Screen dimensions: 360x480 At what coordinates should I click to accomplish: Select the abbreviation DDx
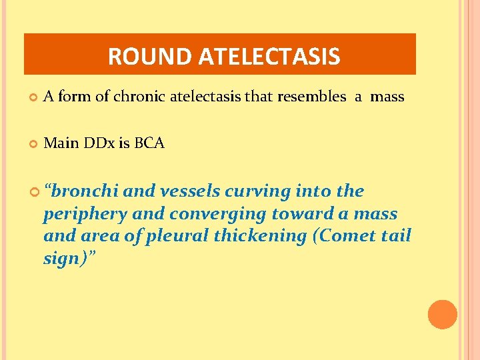[x=97, y=143]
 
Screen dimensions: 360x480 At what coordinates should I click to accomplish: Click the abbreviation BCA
[x=149, y=143]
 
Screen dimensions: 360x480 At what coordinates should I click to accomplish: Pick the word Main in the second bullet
[x=60, y=143]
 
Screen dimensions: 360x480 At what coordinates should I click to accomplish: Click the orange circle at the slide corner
[x=443, y=315]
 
